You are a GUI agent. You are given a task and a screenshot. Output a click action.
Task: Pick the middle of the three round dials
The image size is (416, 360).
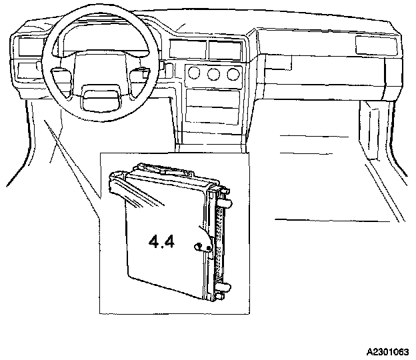coord(214,75)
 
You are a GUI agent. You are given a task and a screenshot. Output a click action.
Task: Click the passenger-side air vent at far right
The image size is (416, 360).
coord(375,45)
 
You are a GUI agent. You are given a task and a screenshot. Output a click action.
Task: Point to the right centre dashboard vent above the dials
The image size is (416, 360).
coord(225,49)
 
